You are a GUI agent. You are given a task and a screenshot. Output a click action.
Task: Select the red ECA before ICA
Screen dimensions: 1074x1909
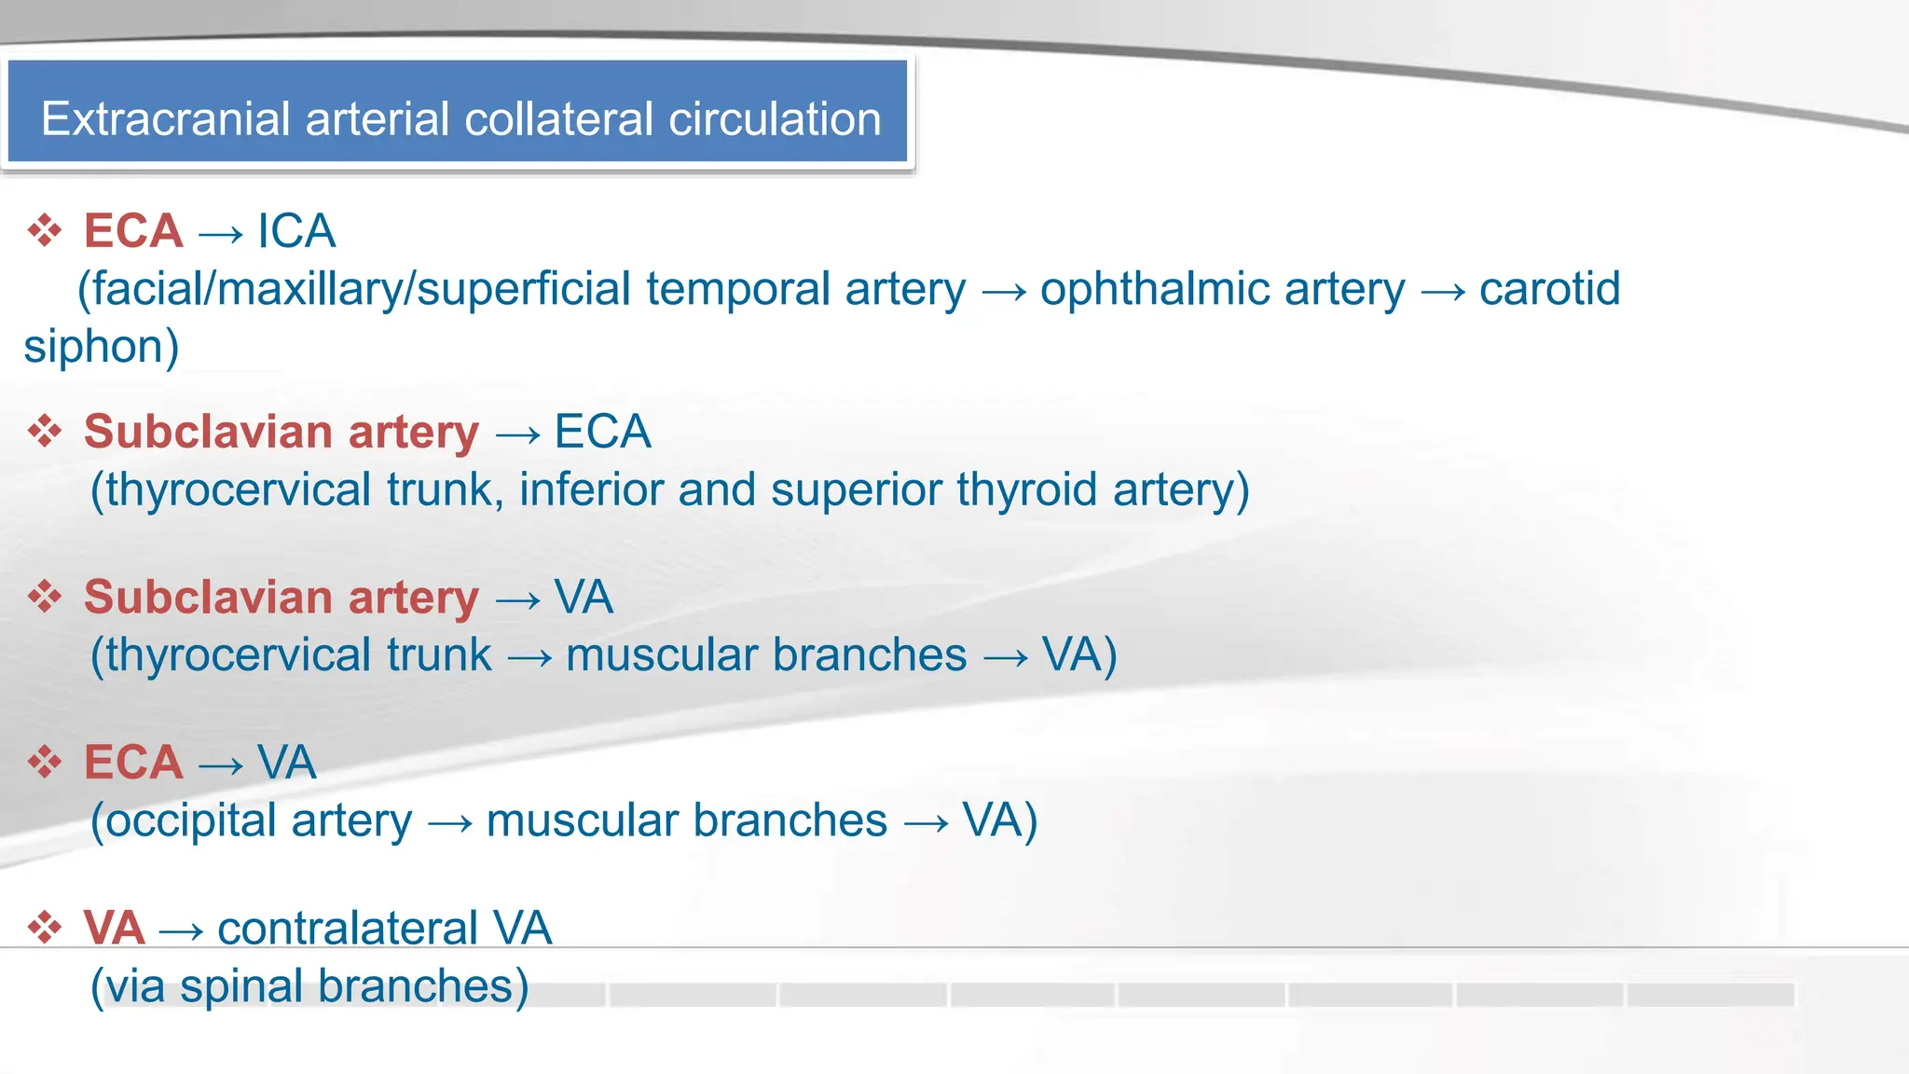click(133, 230)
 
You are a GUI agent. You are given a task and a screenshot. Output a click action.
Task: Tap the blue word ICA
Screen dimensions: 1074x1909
click(296, 230)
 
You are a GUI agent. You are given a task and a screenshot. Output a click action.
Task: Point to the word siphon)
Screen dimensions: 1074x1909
click(101, 347)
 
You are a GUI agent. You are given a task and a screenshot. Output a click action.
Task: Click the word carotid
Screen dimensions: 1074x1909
click(1549, 289)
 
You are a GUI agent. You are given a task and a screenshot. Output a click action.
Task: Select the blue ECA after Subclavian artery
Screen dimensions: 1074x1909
click(602, 432)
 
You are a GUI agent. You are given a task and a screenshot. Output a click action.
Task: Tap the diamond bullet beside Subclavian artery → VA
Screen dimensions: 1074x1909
click(45, 597)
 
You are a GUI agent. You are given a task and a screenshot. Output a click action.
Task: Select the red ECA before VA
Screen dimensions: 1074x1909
click(133, 762)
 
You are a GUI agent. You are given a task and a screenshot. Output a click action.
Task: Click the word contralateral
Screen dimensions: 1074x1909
click(347, 928)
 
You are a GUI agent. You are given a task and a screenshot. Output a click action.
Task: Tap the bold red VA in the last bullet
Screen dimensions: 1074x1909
click(114, 928)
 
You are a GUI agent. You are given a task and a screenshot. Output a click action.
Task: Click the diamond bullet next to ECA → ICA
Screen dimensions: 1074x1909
click(45, 230)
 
